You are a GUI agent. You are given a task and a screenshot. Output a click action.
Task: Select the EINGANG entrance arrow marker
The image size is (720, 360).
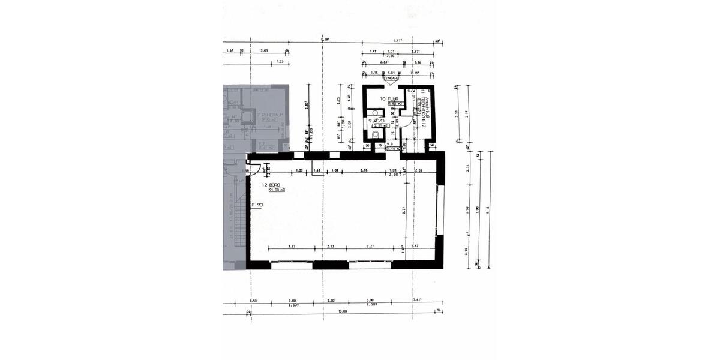point(392,79)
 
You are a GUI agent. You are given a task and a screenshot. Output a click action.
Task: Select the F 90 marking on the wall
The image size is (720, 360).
point(257,205)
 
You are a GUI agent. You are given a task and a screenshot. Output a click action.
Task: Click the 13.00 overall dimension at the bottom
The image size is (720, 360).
point(342,311)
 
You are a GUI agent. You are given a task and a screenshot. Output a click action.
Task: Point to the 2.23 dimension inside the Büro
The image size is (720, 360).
point(330,246)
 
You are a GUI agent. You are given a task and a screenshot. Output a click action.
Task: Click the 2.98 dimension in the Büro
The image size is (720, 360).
point(364,171)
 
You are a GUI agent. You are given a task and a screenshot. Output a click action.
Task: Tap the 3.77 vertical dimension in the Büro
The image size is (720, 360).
point(404,210)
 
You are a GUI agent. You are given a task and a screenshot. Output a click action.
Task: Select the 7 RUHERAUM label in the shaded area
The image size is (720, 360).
point(265,113)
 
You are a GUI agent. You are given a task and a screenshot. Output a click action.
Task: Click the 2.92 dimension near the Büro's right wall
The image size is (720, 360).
point(415,246)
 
